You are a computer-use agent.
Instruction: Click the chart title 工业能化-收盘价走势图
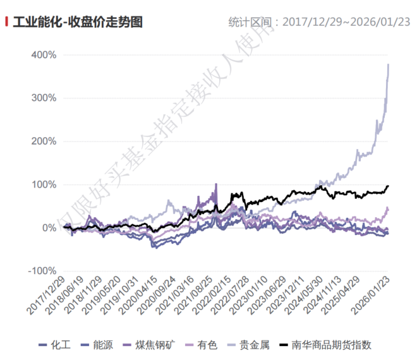click(77, 22)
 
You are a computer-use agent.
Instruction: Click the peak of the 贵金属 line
click(388, 64)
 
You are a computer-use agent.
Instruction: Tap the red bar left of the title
click(6, 22)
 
